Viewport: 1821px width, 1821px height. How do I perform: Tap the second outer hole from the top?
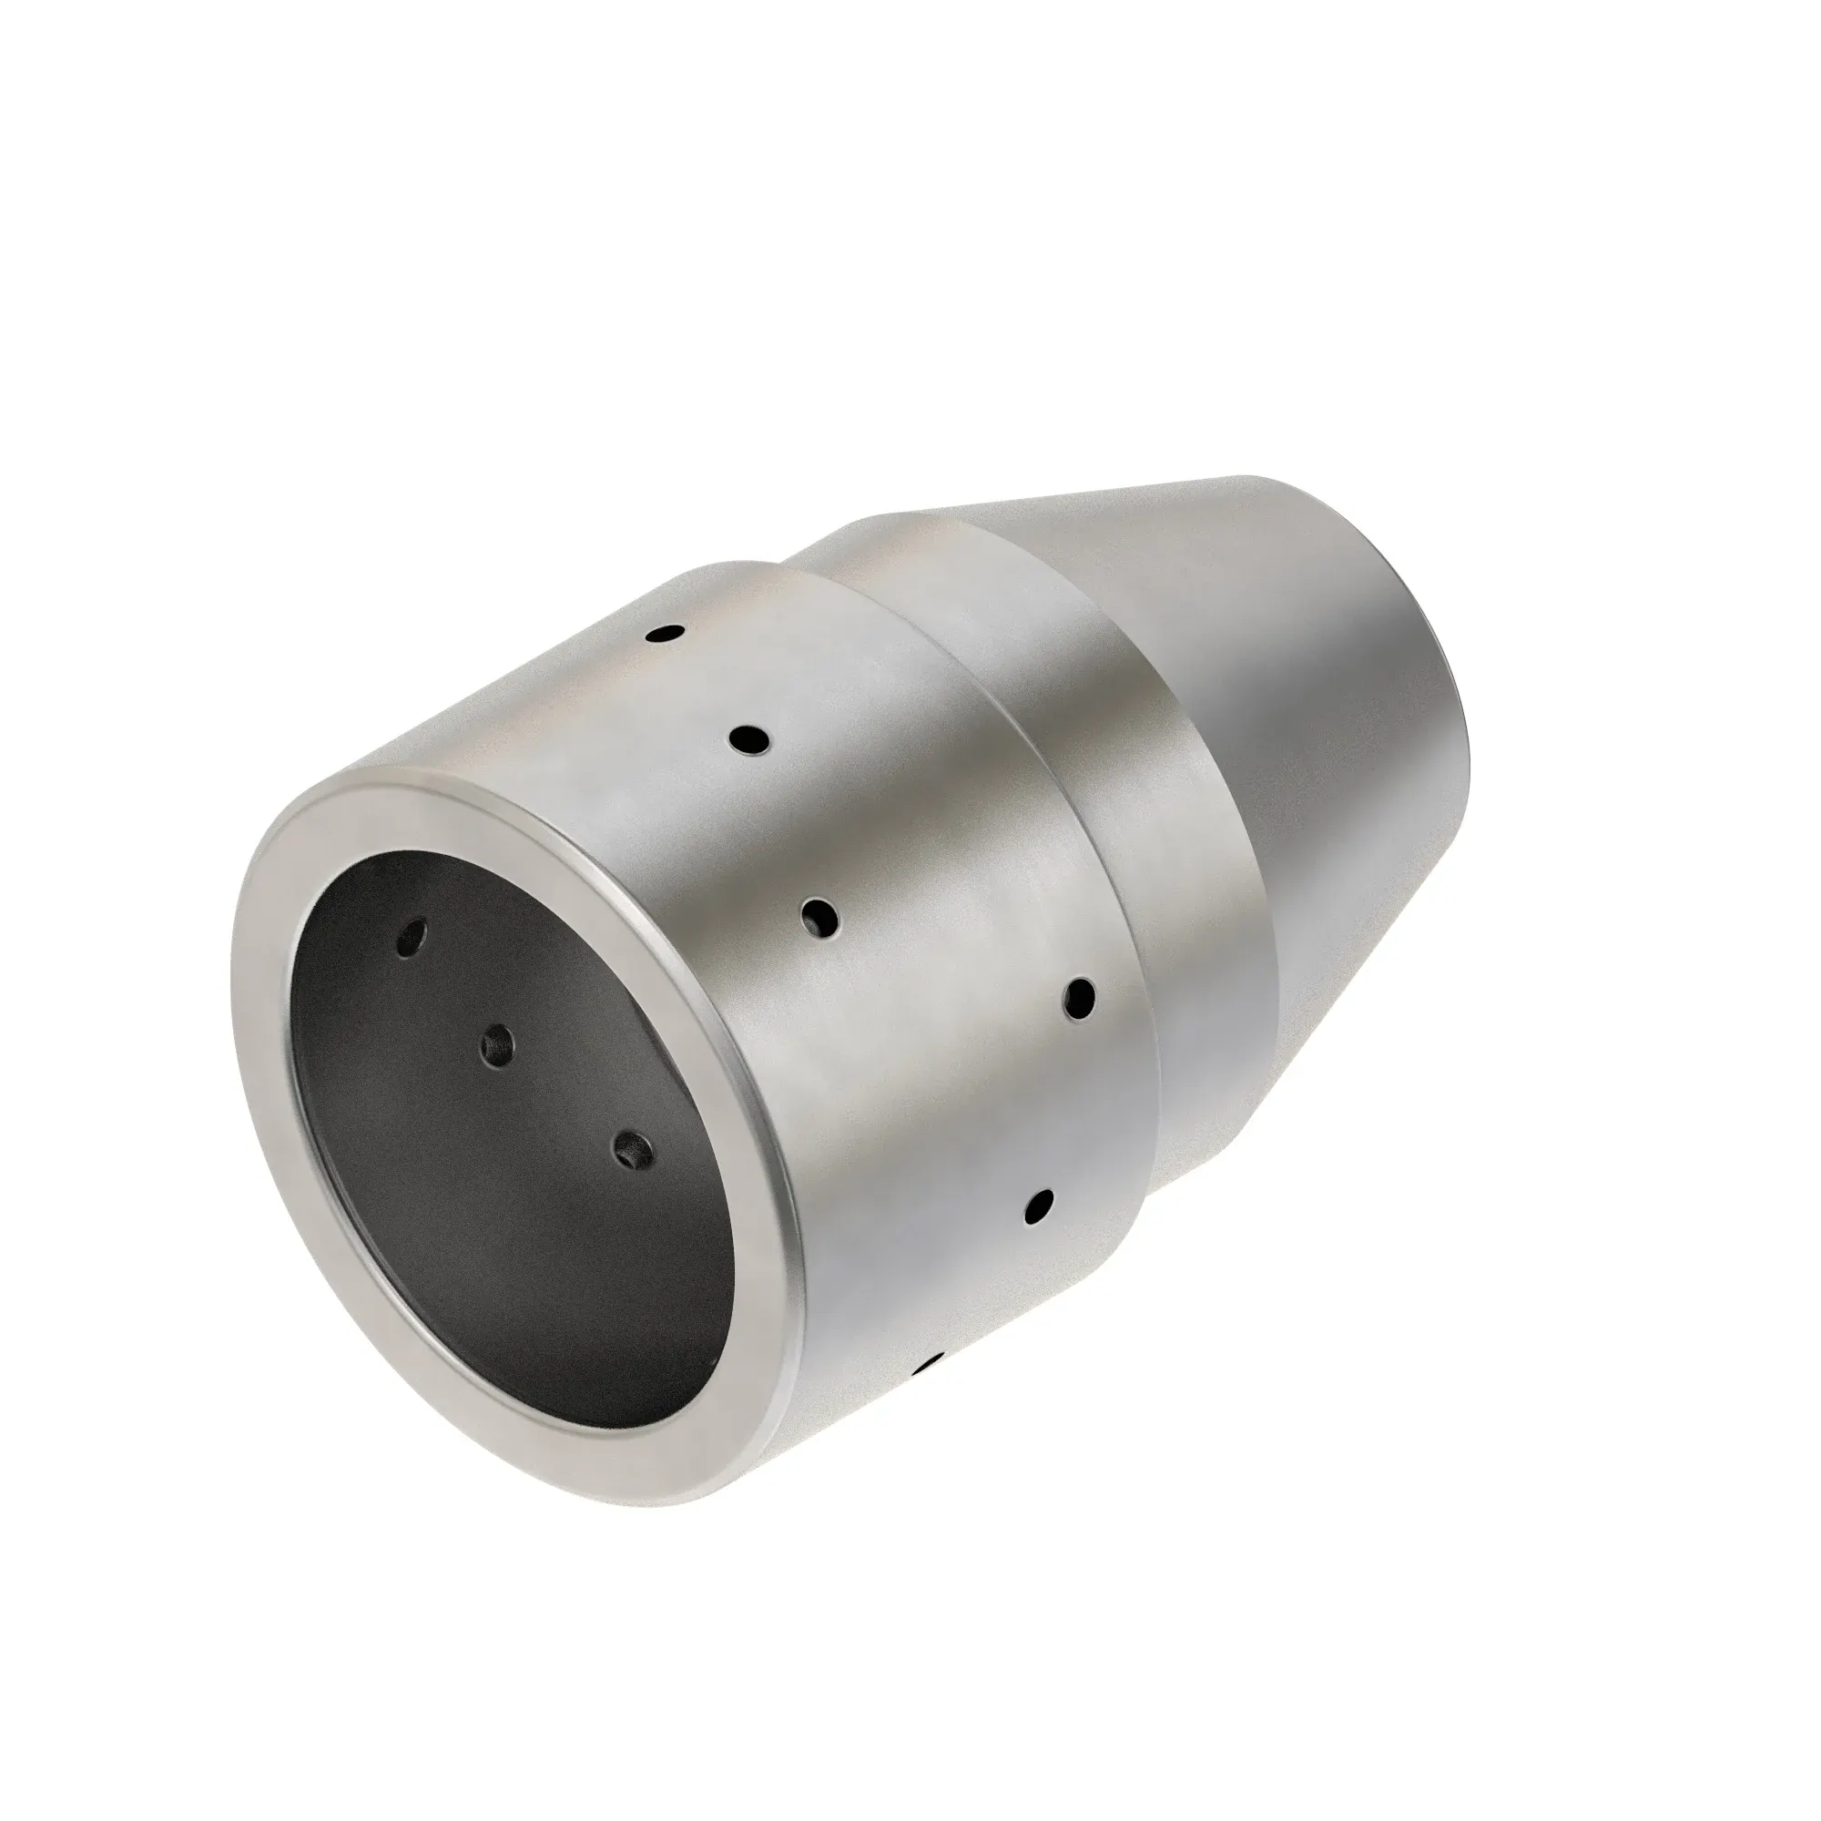(750, 738)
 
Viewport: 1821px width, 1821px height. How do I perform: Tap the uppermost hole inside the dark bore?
(412, 936)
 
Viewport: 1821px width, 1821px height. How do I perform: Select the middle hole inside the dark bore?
(497, 1044)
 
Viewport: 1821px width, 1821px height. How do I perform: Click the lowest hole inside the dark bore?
(633, 1150)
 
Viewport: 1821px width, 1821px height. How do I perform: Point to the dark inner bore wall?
(490, 1226)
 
